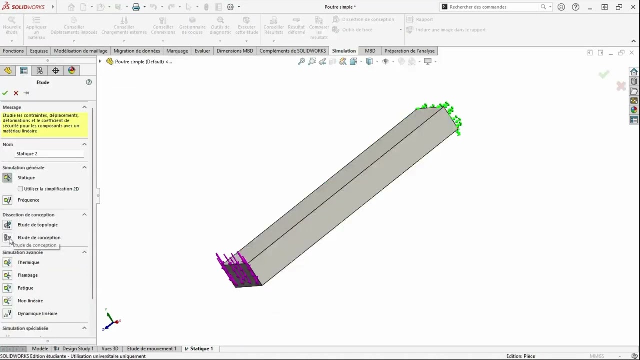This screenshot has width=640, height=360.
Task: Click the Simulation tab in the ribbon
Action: click(x=344, y=51)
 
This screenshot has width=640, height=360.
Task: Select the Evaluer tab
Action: click(x=202, y=51)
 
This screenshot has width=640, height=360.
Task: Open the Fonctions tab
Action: click(x=13, y=51)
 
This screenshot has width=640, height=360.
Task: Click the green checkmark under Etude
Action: click(x=5, y=93)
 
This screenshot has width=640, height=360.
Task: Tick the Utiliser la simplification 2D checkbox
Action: click(x=20, y=189)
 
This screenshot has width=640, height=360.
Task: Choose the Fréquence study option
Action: click(x=28, y=200)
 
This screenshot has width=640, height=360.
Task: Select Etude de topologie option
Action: click(x=37, y=225)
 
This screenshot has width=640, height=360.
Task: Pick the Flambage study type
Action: click(x=27, y=275)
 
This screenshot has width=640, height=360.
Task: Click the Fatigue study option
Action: click(x=25, y=288)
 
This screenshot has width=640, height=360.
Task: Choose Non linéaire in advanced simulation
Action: click(x=30, y=301)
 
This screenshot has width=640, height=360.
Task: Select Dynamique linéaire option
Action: click(x=37, y=314)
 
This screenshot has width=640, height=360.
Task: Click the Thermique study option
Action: click(x=28, y=262)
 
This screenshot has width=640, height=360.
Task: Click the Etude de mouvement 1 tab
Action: click(x=151, y=349)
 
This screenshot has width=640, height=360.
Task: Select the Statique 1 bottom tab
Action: click(x=201, y=349)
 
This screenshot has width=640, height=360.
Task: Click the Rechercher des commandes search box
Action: click(x=492, y=7)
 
